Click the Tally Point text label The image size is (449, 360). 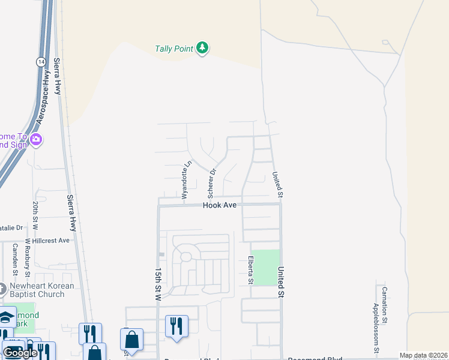coord(173,49)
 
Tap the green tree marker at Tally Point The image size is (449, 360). coord(202,49)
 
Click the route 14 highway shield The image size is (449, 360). coord(40,61)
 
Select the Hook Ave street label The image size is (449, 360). coord(220,205)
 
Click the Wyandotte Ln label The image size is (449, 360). coord(185,179)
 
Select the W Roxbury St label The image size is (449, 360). coord(28,259)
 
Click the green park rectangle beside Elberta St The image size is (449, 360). coord(265,267)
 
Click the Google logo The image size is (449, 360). coord(20,353)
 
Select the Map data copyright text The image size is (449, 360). coord(423,355)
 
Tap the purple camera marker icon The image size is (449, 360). coord(36,140)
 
